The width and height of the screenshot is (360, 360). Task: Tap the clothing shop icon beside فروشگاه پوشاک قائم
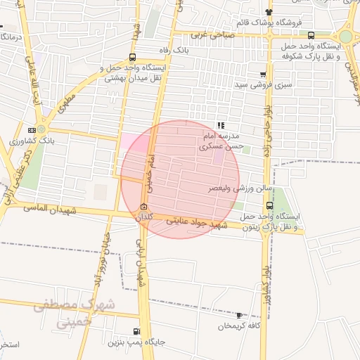pos(269,12)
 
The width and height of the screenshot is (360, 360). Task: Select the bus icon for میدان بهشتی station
pos(133,58)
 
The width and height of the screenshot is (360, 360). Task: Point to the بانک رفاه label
pos(175,50)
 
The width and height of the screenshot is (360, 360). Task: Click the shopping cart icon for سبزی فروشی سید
pos(263,75)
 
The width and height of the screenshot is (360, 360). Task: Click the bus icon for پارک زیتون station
pos(270,205)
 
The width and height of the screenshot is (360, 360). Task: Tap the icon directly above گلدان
pos(144,207)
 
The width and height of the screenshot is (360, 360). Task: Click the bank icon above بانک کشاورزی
pos(32,130)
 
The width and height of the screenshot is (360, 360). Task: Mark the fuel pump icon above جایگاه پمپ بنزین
pos(136,331)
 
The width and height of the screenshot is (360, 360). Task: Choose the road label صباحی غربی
pos(212,34)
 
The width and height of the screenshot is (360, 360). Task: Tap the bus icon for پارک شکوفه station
pos(330,34)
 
